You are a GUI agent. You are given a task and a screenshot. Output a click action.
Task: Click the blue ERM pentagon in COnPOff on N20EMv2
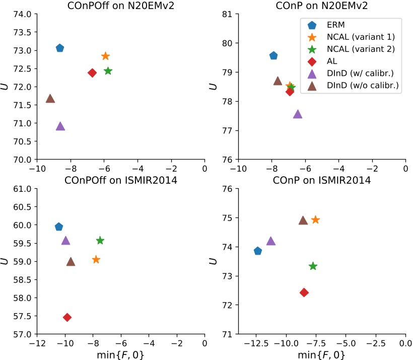point(60,48)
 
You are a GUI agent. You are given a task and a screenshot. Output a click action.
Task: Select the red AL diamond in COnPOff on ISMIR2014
point(67,317)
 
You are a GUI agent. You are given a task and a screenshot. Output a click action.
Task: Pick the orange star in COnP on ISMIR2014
point(315,220)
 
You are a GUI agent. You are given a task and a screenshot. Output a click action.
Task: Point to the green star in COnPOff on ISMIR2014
point(100,240)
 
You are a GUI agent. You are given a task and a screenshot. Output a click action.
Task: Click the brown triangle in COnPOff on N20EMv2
point(50,99)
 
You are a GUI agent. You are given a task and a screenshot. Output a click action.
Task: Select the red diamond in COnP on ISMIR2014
point(304,293)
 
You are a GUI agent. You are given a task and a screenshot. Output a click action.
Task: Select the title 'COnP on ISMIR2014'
point(322,181)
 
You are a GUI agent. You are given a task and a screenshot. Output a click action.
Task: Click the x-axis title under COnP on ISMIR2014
point(322,354)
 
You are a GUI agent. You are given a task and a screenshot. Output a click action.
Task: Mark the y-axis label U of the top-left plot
point(7,87)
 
